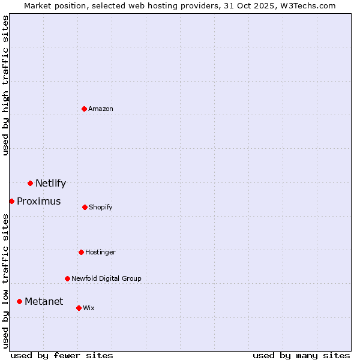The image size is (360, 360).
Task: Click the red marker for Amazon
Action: (x=84, y=109)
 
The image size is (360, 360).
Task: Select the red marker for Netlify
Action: (x=30, y=183)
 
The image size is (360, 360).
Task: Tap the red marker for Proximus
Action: (x=11, y=201)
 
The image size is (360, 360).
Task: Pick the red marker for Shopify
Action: (x=85, y=207)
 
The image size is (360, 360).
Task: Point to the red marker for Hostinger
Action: (x=81, y=252)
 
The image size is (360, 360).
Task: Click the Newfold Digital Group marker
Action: (x=67, y=278)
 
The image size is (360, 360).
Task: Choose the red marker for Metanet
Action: (x=19, y=301)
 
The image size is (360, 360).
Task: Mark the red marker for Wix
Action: (x=79, y=308)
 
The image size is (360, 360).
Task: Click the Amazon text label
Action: (x=101, y=109)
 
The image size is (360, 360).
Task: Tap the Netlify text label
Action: (x=50, y=183)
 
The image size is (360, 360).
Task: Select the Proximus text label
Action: (x=38, y=201)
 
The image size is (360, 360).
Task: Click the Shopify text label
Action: (x=101, y=207)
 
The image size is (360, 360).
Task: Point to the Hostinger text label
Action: (x=100, y=252)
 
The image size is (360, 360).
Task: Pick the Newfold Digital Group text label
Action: (x=106, y=278)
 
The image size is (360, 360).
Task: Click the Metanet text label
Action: (x=44, y=301)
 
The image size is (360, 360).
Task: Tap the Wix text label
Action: (x=89, y=308)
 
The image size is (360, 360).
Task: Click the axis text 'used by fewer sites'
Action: (x=62, y=355)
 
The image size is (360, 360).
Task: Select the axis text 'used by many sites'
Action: (x=301, y=355)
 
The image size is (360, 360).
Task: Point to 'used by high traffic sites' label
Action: (x=5, y=85)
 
